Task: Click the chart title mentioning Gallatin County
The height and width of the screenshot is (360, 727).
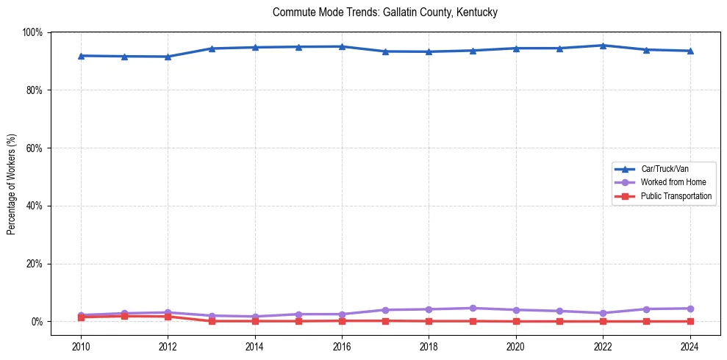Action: pyautogui.click(x=385, y=12)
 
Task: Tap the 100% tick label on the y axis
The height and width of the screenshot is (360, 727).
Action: pyautogui.click(x=32, y=32)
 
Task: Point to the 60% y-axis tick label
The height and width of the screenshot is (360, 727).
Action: pyautogui.click(x=35, y=148)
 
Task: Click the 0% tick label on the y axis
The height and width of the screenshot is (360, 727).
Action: pyautogui.click(x=37, y=322)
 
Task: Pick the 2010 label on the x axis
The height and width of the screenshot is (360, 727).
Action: pyautogui.click(x=81, y=346)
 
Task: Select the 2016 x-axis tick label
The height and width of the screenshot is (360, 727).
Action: pyautogui.click(x=342, y=346)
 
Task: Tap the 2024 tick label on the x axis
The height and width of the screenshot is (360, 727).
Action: pyautogui.click(x=690, y=346)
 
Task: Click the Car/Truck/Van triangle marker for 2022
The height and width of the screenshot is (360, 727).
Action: pyautogui.click(x=603, y=46)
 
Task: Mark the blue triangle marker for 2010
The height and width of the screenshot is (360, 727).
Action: pyautogui.click(x=81, y=56)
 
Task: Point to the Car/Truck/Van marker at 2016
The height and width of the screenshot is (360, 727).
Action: pyautogui.click(x=342, y=46)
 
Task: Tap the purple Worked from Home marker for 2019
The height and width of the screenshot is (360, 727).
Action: pyautogui.click(x=473, y=308)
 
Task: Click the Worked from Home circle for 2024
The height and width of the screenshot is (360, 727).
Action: pyautogui.click(x=690, y=309)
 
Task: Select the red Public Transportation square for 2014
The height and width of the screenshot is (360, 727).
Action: pyautogui.click(x=255, y=321)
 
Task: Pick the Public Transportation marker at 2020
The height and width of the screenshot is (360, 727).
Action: pyautogui.click(x=516, y=321)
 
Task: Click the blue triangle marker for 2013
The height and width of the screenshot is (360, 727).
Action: pyautogui.click(x=212, y=48)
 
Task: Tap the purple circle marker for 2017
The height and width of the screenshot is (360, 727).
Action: pyautogui.click(x=385, y=310)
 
